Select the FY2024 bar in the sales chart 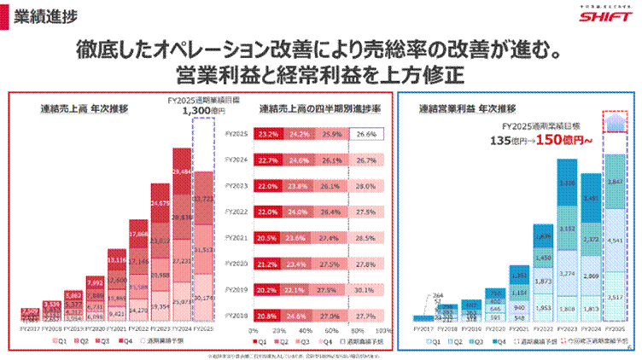[x=181, y=239]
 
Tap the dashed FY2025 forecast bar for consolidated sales [x=204, y=247]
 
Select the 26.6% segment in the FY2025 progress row [x=365, y=134]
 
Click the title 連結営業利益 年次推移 [x=467, y=109]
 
